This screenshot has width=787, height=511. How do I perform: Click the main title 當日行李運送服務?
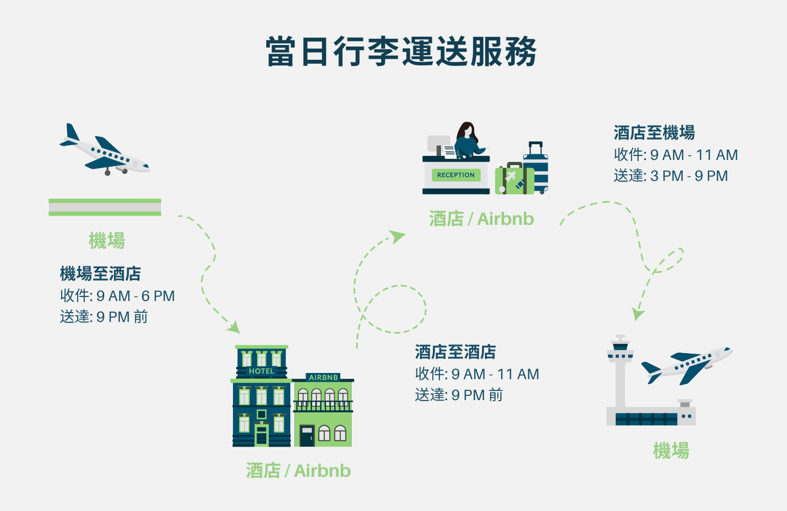click(x=401, y=52)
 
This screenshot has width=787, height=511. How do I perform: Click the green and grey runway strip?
click(x=105, y=207)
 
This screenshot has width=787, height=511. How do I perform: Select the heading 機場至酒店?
click(x=101, y=273)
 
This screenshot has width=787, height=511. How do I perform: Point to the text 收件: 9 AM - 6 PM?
click(x=118, y=296)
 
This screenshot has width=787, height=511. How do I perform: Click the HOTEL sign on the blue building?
click(x=262, y=371)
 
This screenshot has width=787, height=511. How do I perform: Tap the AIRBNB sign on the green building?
click(x=323, y=377)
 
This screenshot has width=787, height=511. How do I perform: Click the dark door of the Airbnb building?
click(x=307, y=436)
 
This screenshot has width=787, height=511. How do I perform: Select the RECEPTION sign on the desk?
click(x=456, y=175)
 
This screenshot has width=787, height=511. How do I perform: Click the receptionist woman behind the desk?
click(x=469, y=140)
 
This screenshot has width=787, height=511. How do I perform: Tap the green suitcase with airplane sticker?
click(x=514, y=178)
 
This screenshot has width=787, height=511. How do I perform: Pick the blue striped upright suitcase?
click(x=536, y=168)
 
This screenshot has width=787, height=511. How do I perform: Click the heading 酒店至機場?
click(x=654, y=132)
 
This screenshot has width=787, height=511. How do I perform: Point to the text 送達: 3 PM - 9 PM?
click(x=670, y=176)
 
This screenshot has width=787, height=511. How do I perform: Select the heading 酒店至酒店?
click(x=455, y=352)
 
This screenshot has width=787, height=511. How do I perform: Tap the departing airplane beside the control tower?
click(x=687, y=365)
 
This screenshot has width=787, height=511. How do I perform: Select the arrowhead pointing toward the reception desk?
click(x=398, y=237)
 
